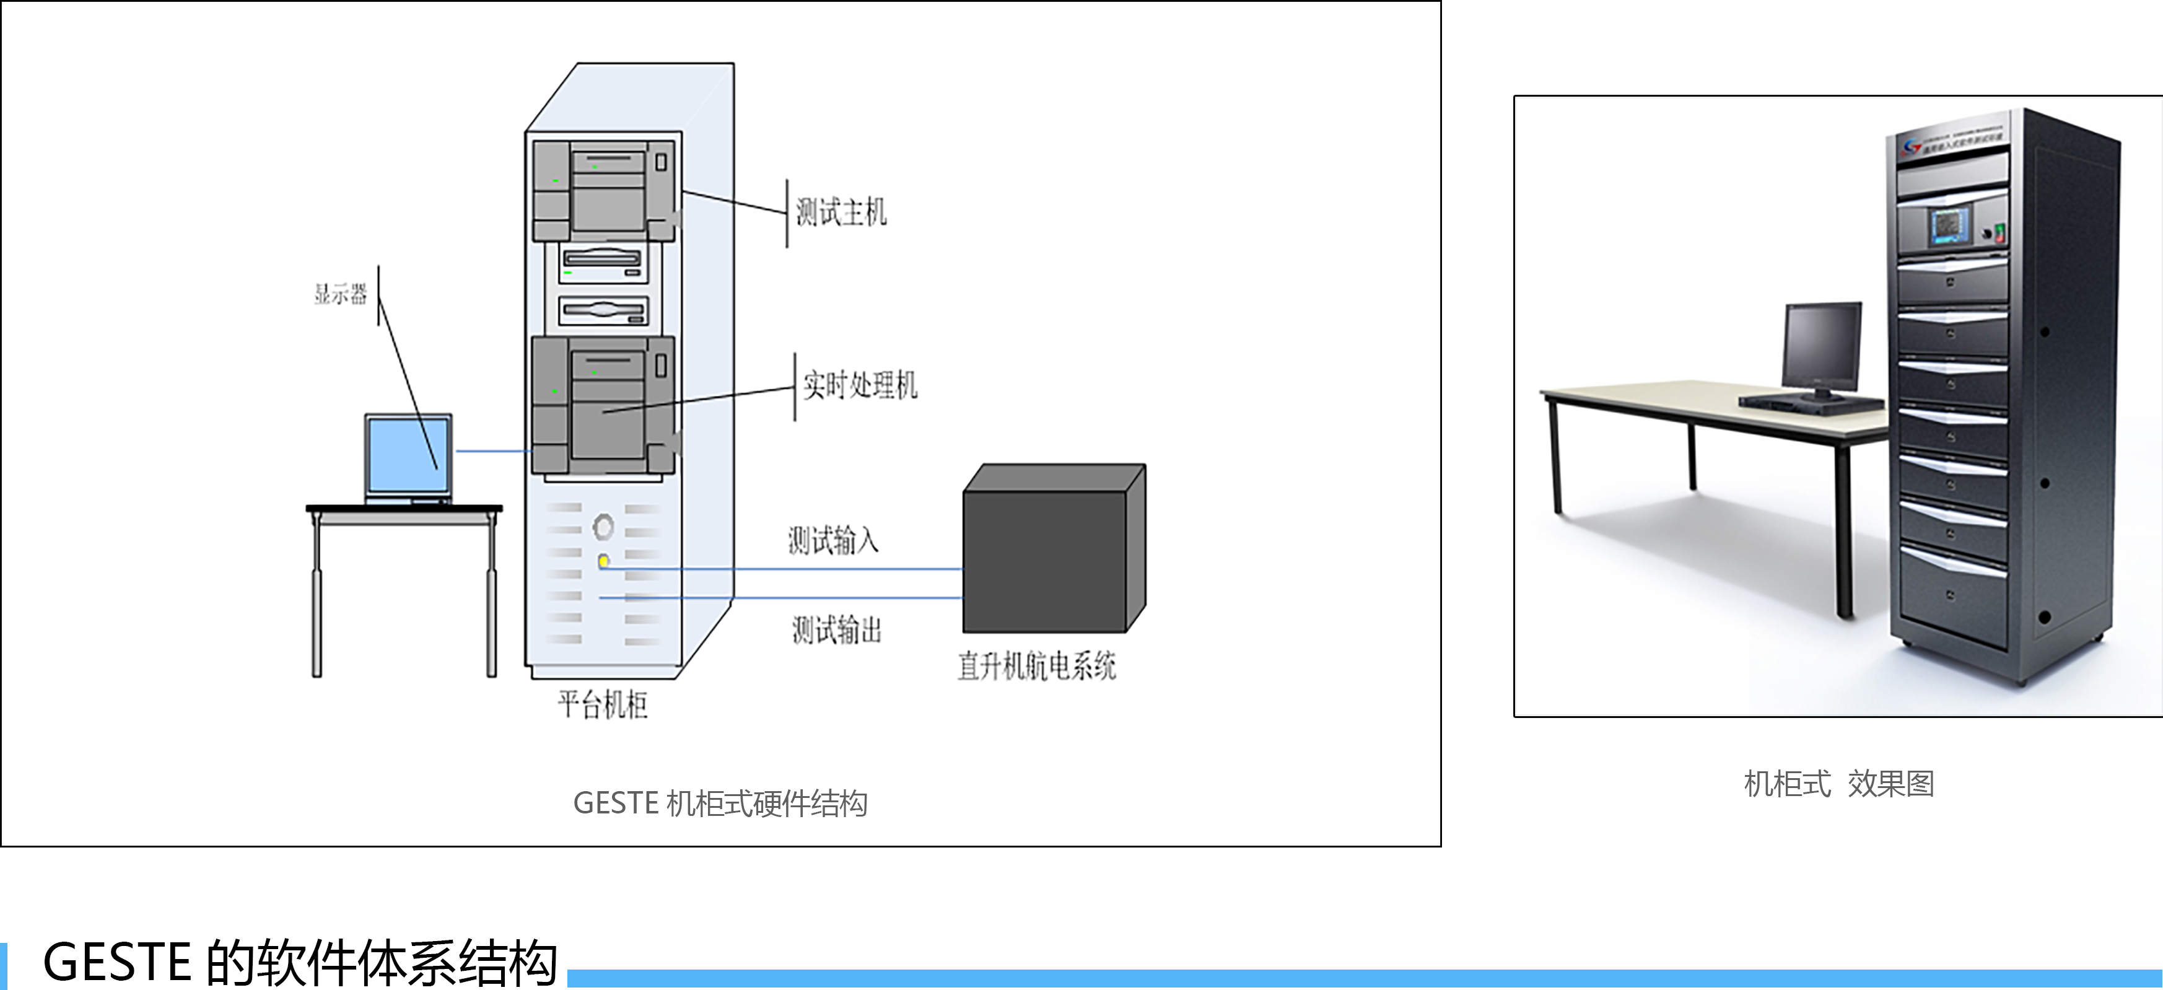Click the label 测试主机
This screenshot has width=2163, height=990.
click(x=841, y=212)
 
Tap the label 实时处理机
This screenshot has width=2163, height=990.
click(x=860, y=385)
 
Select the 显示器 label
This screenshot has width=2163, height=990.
click(x=341, y=294)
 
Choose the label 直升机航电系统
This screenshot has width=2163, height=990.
click(x=1037, y=666)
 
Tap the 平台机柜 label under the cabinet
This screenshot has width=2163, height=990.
click(x=603, y=704)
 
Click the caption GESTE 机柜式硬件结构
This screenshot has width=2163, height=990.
click(x=720, y=804)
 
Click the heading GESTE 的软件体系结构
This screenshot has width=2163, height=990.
click(x=300, y=962)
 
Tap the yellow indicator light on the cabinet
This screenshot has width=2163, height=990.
click(x=604, y=561)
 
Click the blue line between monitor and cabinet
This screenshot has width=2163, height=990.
click(x=494, y=451)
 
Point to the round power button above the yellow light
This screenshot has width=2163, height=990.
click(x=603, y=527)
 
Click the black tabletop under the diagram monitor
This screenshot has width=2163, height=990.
click(x=404, y=509)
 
